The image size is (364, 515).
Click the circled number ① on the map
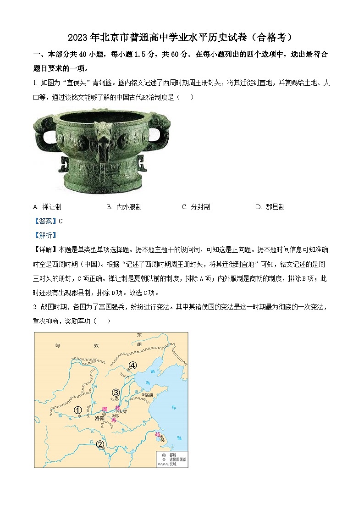[78, 410]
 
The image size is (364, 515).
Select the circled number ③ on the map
[116, 392]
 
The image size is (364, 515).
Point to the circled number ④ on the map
[132, 365]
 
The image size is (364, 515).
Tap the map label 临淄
[149, 394]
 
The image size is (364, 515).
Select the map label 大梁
[122, 411]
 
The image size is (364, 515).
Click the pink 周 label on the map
[105, 408]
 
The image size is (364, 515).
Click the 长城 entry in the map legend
[172, 464]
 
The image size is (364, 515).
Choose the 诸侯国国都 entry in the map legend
[176, 459]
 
